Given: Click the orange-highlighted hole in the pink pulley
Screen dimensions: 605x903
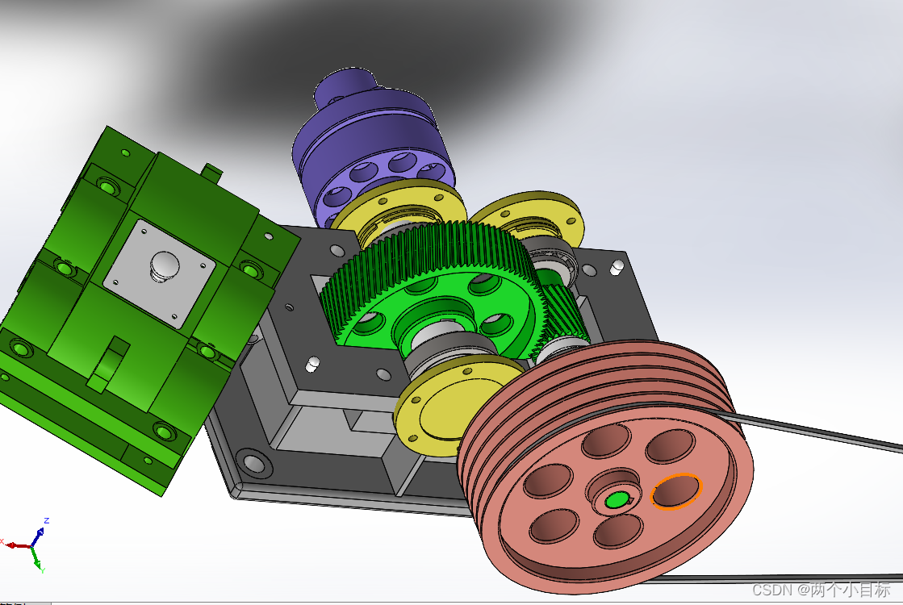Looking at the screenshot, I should [676, 491].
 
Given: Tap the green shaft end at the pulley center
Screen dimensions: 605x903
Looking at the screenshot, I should [616, 500].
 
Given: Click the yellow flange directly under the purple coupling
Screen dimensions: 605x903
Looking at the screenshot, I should [399, 206].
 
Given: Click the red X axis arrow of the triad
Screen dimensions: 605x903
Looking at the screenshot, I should [15, 544].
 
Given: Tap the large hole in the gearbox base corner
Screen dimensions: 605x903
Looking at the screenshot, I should [254, 463].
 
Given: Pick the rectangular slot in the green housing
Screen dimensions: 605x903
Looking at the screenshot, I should [109, 363].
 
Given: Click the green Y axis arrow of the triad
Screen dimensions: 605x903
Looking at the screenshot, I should [37, 560].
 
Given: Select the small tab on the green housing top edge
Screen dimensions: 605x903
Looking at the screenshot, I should [211, 171].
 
